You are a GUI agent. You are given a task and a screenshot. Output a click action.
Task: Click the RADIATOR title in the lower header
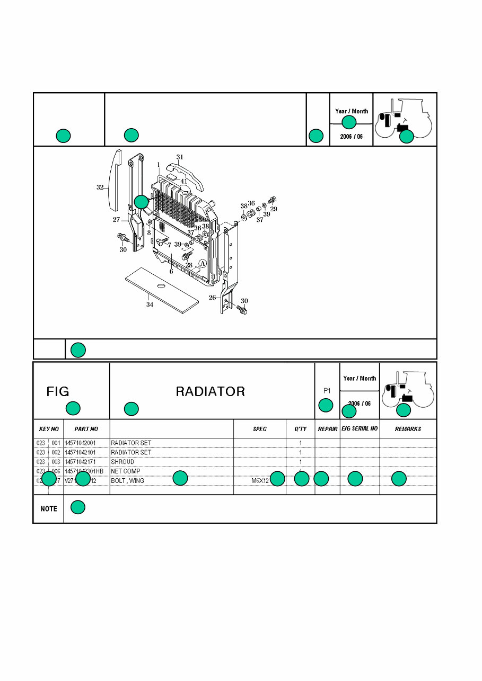(x=210, y=392)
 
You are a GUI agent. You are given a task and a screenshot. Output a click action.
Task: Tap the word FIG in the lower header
(x=58, y=392)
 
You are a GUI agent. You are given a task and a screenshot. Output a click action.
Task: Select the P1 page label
(x=327, y=391)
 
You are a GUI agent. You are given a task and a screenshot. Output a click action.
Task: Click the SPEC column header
(x=260, y=429)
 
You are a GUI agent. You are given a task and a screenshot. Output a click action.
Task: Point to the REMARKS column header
(x=408, y=429)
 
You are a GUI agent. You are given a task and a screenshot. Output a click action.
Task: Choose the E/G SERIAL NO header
(x=360, y=428)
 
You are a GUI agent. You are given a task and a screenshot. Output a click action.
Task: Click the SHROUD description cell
(x=122, y=462)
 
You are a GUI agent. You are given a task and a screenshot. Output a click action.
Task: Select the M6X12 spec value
(x=260, y=481)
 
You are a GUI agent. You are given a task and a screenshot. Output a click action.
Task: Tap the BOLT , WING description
(x=127, y=481)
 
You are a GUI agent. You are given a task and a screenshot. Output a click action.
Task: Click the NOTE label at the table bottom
(x=49, y=509)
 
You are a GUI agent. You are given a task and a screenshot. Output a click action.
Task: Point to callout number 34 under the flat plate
(x=150, y=304)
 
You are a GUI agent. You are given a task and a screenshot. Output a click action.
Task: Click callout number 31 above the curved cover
(x=180, y=157)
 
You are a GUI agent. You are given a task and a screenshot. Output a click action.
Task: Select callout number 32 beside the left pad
(x=100, y=187)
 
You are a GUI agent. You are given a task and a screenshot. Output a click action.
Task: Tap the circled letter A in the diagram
(x=202, y=263)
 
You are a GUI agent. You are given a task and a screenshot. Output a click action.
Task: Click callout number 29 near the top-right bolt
(x=274, y=209)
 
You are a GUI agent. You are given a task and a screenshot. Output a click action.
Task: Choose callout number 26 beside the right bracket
(x=212, y=298)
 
